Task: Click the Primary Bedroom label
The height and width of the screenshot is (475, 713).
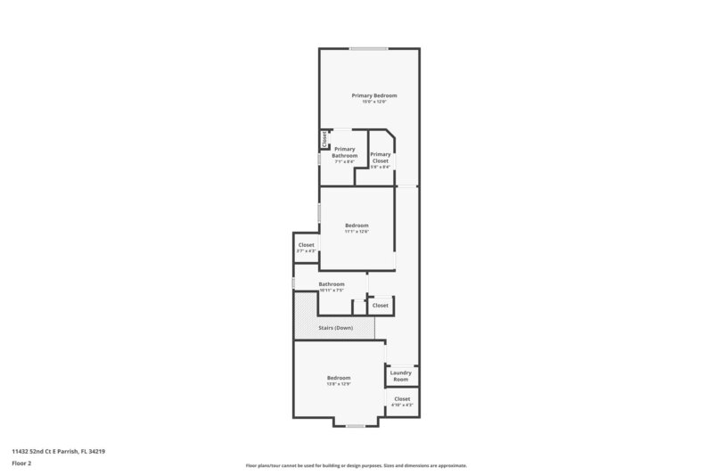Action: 373,95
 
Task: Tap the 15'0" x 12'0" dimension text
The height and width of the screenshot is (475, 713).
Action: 373,102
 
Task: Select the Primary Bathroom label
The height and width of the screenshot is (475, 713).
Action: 345,152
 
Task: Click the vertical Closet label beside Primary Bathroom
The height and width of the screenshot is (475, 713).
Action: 324,140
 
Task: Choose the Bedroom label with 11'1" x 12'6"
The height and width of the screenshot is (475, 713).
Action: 356,225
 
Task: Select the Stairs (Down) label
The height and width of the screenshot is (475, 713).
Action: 336,328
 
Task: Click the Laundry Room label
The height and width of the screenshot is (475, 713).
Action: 400,376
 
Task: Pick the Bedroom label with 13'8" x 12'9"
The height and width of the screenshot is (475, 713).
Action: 338,378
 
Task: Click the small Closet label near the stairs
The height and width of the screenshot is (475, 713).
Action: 381,306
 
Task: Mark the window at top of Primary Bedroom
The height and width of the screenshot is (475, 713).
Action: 368,48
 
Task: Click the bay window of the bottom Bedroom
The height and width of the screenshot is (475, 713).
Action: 356,426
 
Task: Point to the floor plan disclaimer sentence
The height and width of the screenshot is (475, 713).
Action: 356,465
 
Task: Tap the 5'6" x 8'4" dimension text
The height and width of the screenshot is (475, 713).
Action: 381,167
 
